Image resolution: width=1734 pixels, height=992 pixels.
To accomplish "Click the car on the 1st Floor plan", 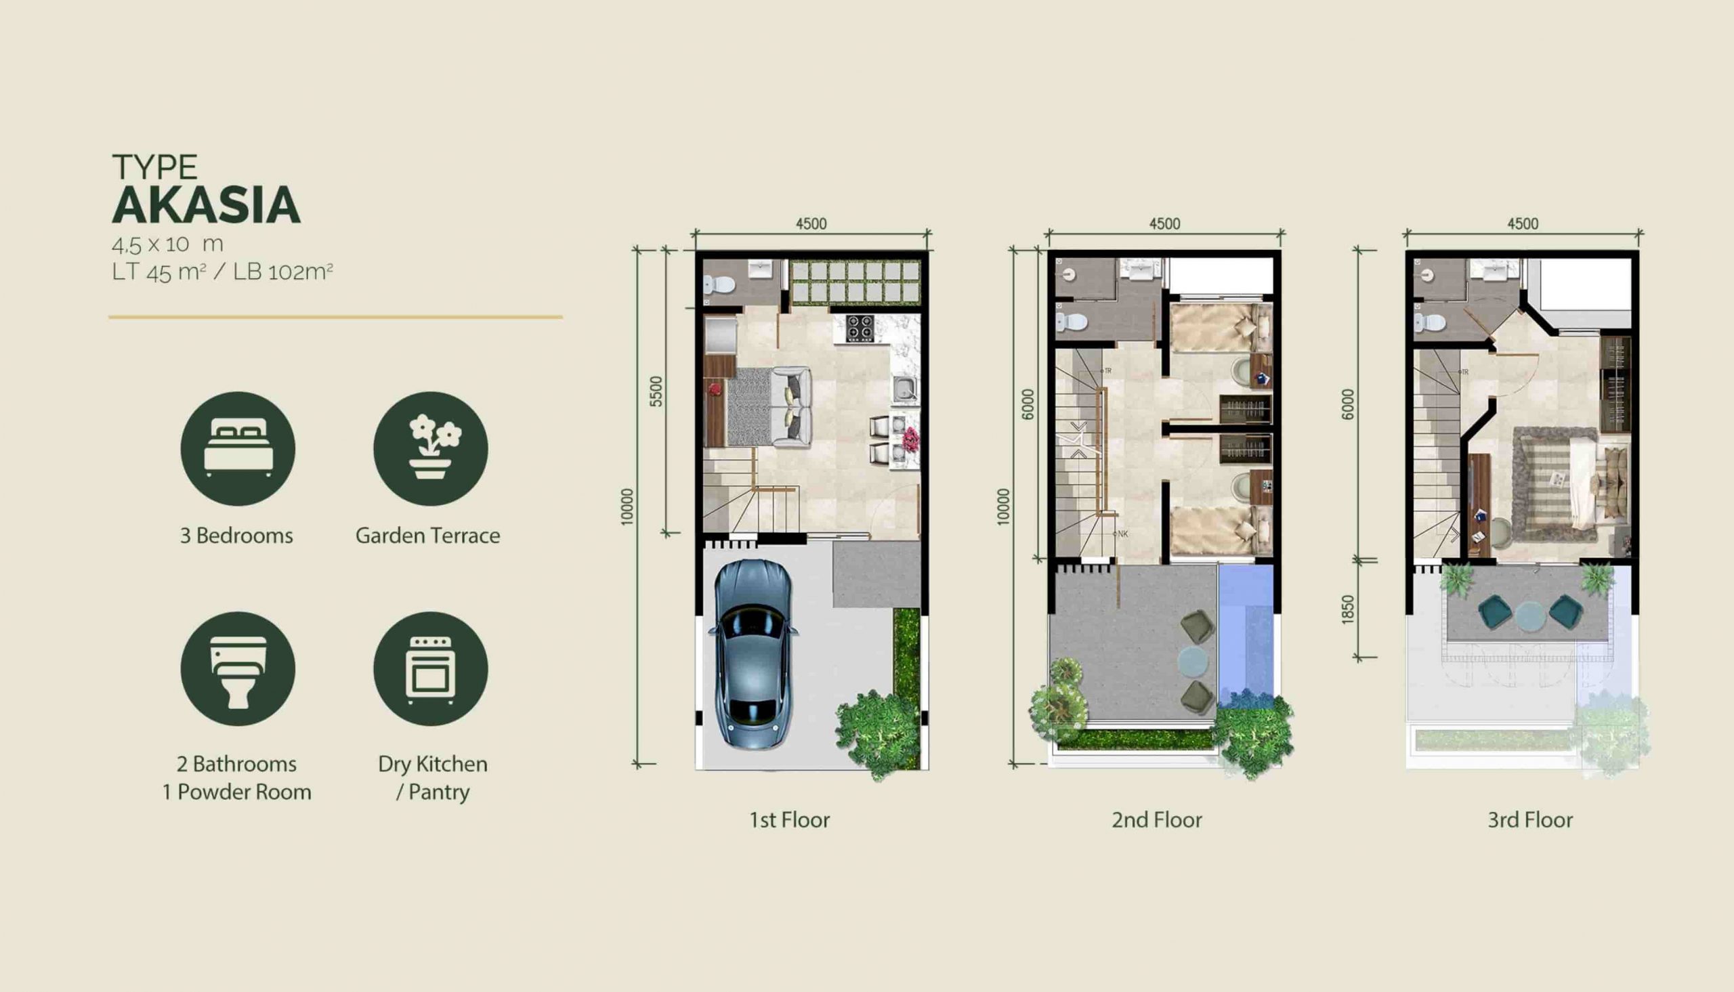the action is [x=753, y=654].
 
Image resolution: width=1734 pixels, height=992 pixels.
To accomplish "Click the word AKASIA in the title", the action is [x=206, y=205].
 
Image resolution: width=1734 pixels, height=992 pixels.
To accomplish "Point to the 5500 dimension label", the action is [x=656, y=392].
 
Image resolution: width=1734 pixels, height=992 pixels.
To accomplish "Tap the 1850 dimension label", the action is [x=1347, y=609].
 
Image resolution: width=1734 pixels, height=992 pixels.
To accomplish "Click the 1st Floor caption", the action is [x=790, y=819].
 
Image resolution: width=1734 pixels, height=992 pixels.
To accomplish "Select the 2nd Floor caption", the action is [x=1157, y=819].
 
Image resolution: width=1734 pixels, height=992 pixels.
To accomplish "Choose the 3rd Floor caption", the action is [x=1530, y=819].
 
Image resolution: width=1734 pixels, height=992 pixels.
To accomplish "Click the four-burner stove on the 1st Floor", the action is [x=860, y=328].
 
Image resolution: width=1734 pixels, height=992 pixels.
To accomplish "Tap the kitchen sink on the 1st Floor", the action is [x=905, y=389].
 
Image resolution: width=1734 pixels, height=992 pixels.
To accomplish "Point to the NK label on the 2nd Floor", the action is [x=1123, y=534].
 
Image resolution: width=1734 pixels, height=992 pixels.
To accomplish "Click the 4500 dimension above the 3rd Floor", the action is [x=1523, y=224].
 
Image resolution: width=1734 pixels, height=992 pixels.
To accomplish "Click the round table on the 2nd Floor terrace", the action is [x=1193, y=660].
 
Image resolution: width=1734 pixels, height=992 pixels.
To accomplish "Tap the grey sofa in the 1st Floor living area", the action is [x=791, y=407].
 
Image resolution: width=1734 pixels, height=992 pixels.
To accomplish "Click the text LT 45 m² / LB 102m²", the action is [x=223, y=272].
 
